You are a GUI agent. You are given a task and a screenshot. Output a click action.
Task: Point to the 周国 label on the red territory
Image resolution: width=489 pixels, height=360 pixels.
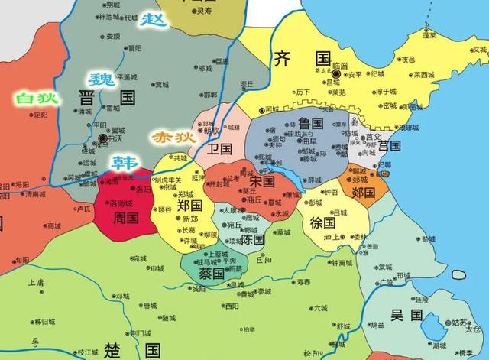pos(118,219)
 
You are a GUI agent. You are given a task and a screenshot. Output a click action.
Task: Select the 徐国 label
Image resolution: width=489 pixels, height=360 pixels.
pos(323,222)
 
